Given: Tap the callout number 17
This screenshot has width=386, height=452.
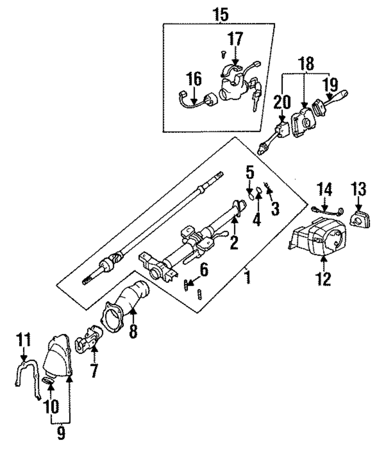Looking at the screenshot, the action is click(235, 39).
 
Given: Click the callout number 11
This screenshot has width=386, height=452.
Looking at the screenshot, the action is click(24, 340).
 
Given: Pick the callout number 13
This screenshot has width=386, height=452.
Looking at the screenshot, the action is click(359, 189).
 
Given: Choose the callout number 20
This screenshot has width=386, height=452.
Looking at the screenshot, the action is click(282, 102).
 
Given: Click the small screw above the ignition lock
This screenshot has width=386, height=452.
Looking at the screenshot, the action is click(223, 54).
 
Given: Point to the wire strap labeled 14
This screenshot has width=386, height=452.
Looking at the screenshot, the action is click(327, 211).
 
